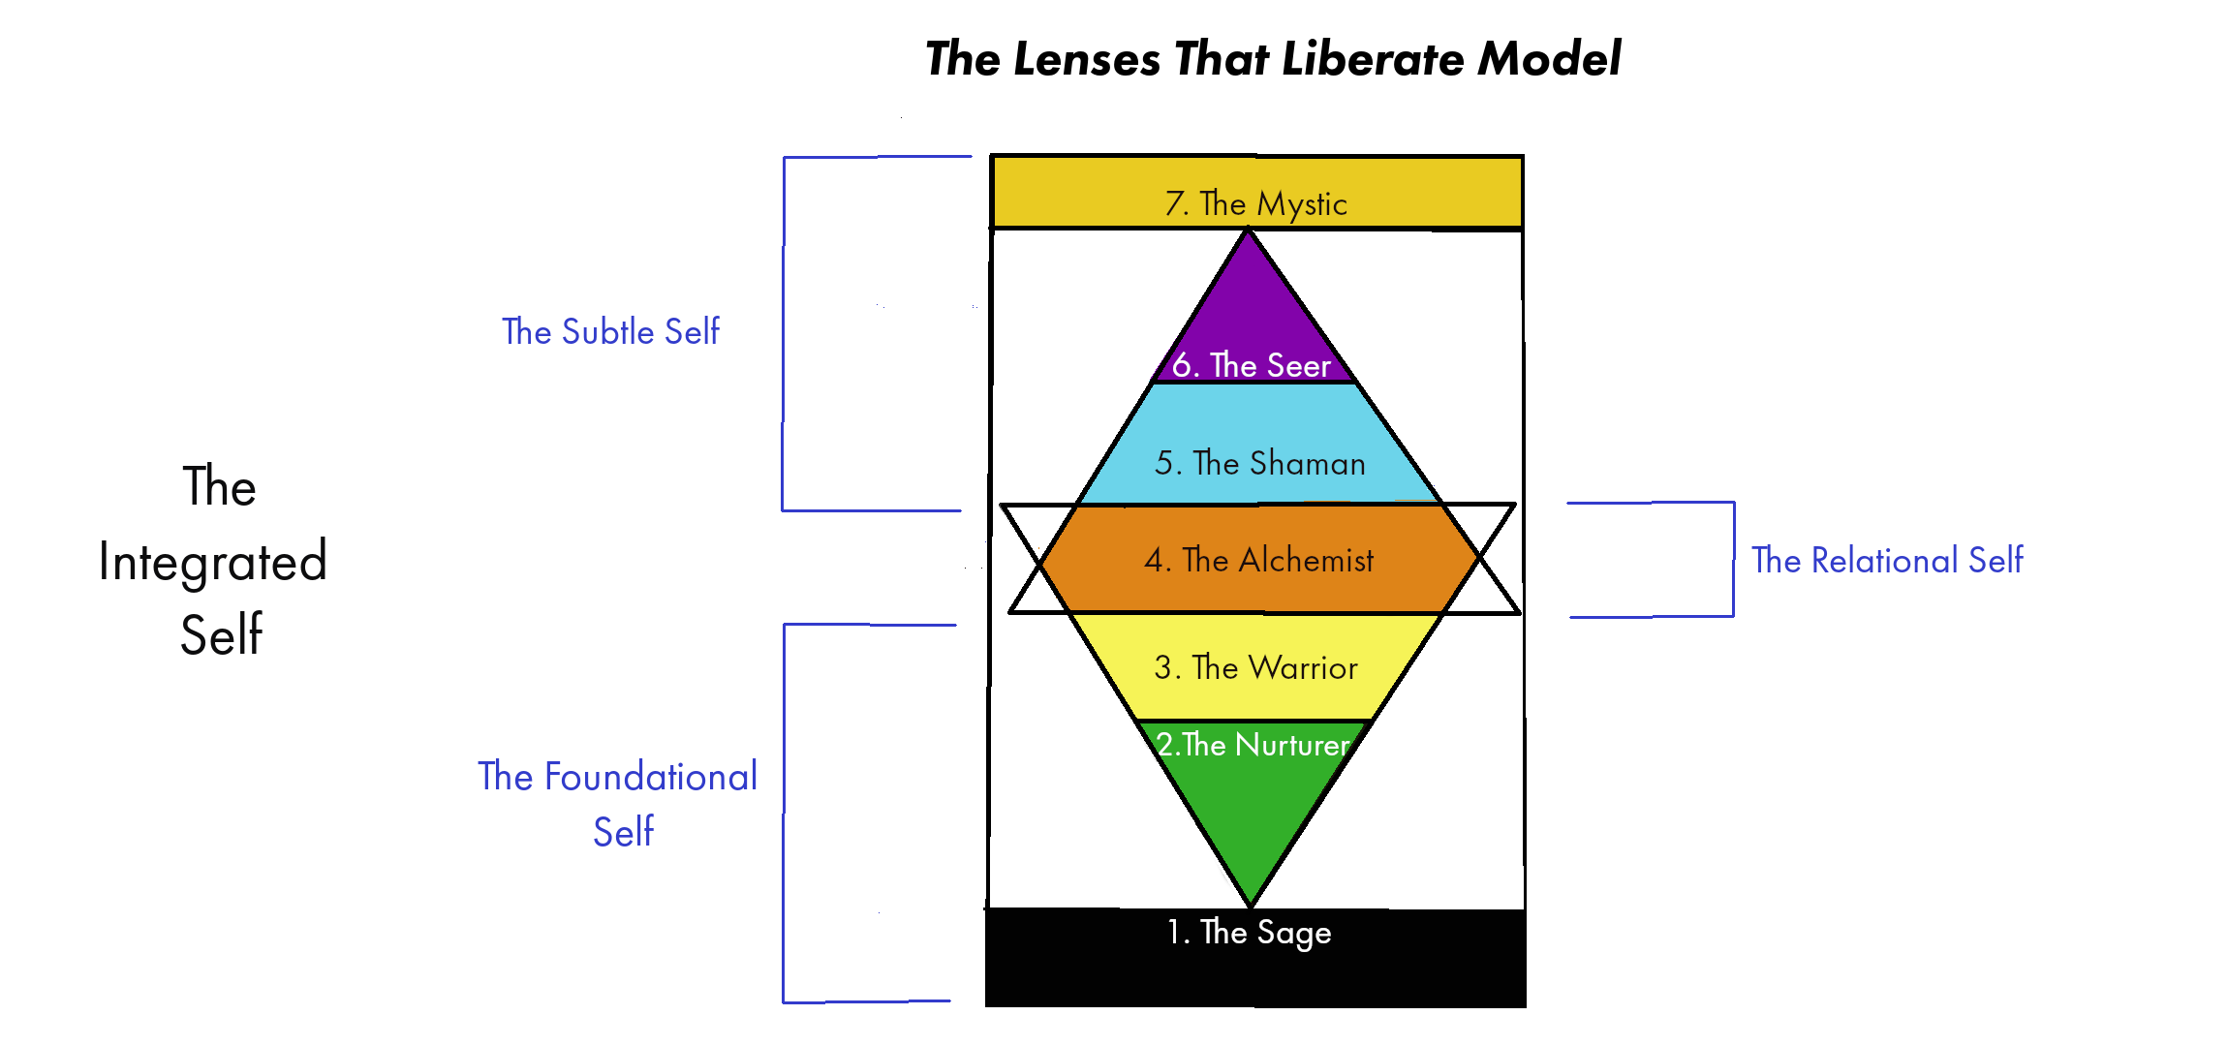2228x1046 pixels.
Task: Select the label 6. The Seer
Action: point(1251,365)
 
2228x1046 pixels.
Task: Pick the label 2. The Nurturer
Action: point(1253,744)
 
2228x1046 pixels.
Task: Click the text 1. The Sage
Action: point(1249,932)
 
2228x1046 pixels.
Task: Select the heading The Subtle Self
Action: point(610,331)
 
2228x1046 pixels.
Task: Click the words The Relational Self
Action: point(1887,560)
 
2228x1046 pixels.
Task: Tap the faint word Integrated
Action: point(213,563)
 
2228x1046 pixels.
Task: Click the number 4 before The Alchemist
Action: point(1154,560)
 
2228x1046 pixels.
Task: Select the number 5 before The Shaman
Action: point(1164,463)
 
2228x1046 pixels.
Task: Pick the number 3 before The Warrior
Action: point(1163,667)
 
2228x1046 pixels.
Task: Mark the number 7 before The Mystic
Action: point(1175,203)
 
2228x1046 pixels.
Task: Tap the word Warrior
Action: point(1303,667)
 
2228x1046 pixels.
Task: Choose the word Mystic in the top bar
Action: point(1302,204)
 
